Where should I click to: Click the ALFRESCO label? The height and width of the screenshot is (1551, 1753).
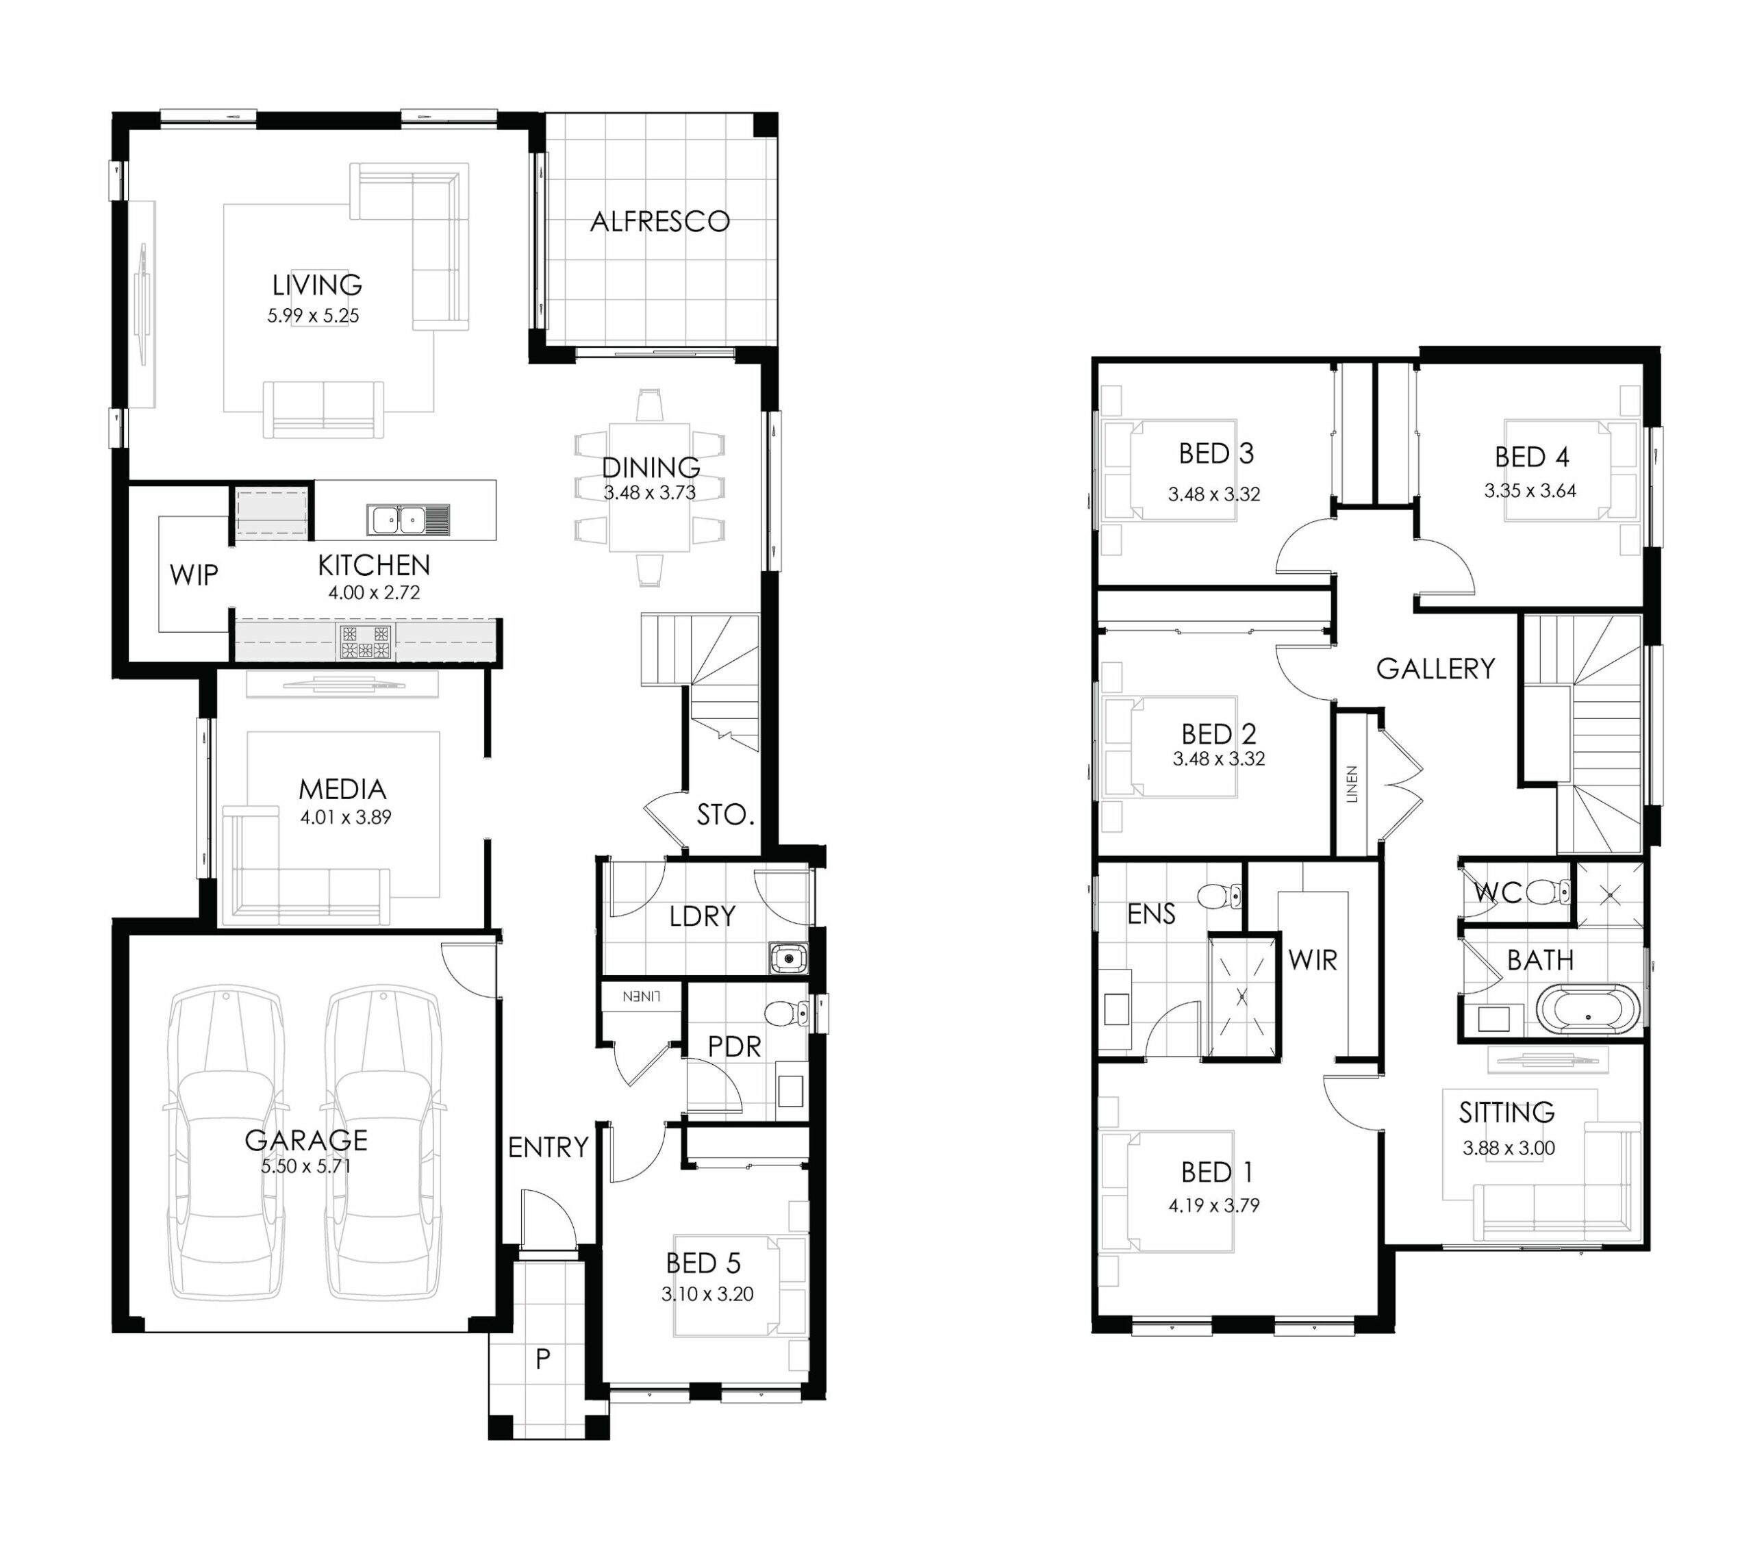click(x=659, y=221)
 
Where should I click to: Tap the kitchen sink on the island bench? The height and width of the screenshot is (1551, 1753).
click(x=408, y=520)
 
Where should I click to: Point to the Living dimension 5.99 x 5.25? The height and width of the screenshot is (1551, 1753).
click(x=313, y=316)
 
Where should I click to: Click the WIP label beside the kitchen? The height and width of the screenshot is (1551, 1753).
click(x=194, y=575)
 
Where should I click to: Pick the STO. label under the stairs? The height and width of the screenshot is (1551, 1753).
click(x=724, y=814)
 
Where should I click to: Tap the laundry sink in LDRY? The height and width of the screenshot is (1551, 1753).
click(x=788, y=957)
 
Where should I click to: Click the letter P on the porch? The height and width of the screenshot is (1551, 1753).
click(x=542, y=1358)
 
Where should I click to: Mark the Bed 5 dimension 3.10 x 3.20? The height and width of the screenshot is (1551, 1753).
click(x=707, y=1294)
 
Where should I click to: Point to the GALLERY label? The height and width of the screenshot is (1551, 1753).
click(x=1436, y=668)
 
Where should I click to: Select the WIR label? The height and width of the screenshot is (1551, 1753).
click(x=1312, y=960)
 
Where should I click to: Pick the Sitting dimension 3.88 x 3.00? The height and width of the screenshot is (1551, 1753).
click(x=1509, y=1148)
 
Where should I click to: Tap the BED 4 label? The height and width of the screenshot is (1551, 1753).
click(x=1532, y=457)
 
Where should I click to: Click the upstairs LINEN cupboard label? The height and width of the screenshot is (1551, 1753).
click(x=1352, y=783)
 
